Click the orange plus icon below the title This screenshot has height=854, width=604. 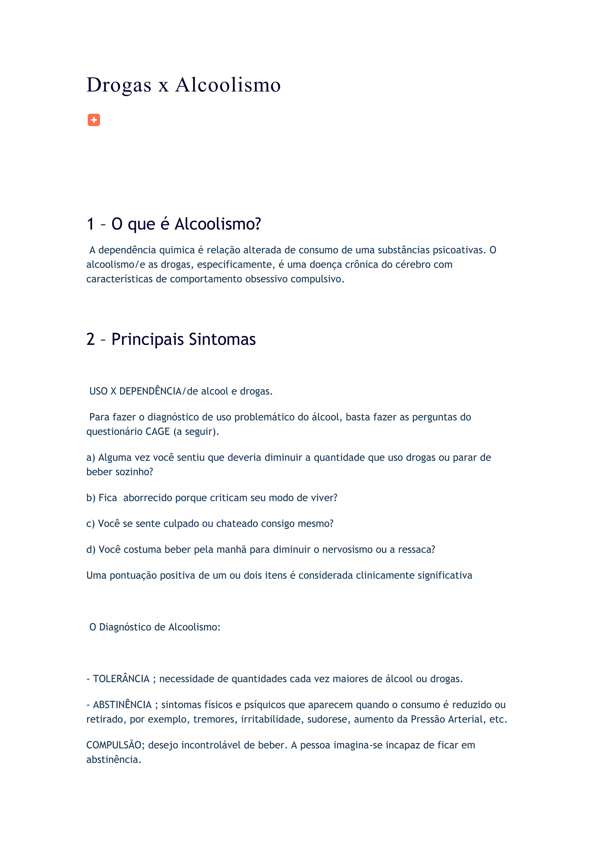click(94, 120)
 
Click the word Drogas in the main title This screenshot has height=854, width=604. click(119, 85)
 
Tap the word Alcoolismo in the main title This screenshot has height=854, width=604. click(228, 85)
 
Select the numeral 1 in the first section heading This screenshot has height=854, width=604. click(90, 224)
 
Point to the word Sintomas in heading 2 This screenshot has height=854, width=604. click(222, 339)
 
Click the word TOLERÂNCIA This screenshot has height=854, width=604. click(121, 679)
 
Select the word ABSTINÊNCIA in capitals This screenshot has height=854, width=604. click(122, 705)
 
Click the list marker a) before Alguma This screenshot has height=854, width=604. click(91, 457)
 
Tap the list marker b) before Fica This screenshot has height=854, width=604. click(91, 498)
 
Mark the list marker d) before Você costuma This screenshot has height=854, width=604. click(91, 550)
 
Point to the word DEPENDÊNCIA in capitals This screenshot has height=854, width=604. click(150, 391)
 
